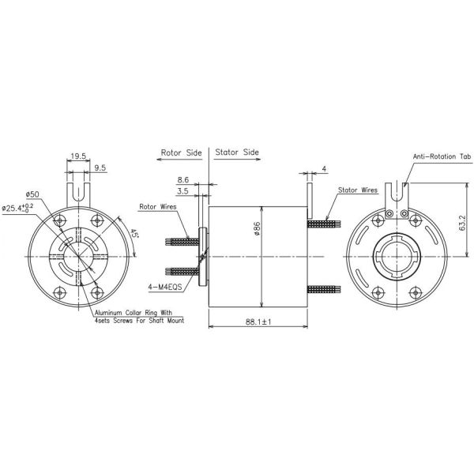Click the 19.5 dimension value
pos(77,156)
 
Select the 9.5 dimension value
pos(101,167)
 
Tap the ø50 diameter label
pos(32,194)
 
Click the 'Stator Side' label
pos(236,151)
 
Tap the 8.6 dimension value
pos(183,180)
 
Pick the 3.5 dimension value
pos(183,191)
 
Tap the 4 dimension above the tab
pos(324,168)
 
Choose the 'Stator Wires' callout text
pos(357,191)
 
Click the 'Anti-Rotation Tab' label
pos(441,157)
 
